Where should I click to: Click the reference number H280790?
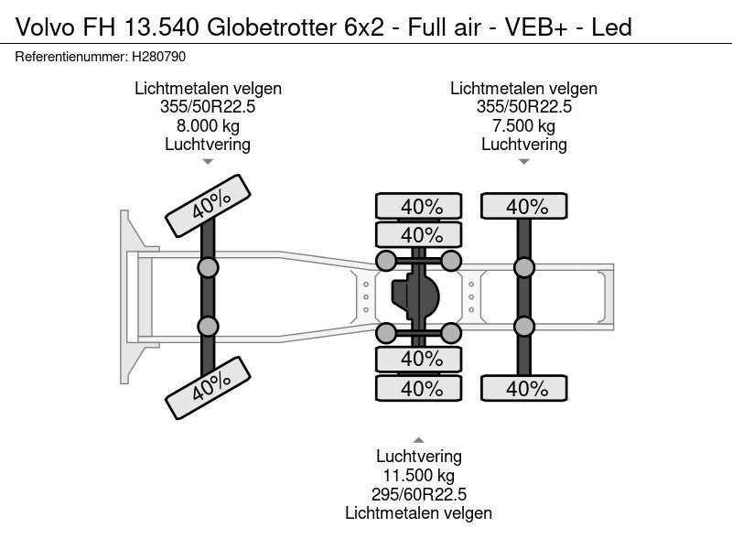[x=158, y=57]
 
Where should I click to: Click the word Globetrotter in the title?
[x=271, y=27]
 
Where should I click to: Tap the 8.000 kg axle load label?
[x=208, y=126]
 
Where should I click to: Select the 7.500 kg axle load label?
[x=523, y=126]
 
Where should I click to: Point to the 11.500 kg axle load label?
[x=419, y=475]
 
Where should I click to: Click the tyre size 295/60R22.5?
[x=419, y=494]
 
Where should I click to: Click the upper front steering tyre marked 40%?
[x=209, y=206]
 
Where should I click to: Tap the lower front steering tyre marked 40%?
[x=209, y=388]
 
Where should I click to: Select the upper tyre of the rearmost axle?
[x=523, y=206]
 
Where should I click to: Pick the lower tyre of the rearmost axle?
[x=523, y=388]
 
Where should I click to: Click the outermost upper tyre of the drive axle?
[x=419, y=206]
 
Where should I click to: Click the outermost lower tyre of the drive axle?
[x=419, y=388]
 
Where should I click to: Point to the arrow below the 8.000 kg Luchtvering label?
[x=208, y=162]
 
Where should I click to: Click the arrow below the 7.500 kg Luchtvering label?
[x=523, y=162]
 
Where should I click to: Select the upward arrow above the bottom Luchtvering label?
[x=419, y=440]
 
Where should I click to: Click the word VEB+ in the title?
[x=536, y=27]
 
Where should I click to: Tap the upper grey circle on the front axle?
[x=208, y=268]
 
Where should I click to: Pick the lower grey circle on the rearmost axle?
[x=523, y=327]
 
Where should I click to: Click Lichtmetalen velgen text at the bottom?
[x=419, y=513]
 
